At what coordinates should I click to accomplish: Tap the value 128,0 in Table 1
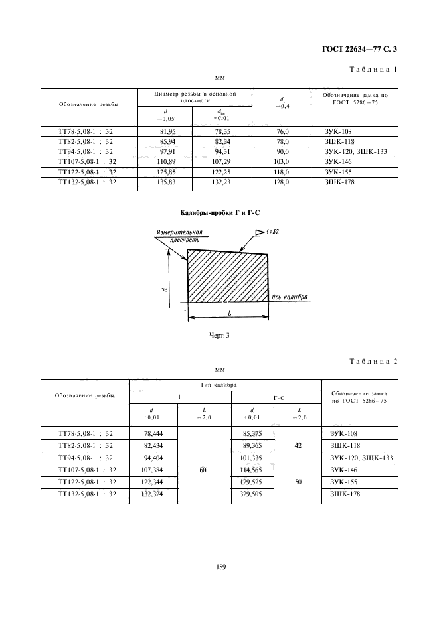283,181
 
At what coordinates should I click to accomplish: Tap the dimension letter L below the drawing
228,311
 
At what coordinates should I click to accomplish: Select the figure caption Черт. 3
219,336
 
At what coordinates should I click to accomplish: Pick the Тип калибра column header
224,384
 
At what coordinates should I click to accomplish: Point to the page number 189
219,566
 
